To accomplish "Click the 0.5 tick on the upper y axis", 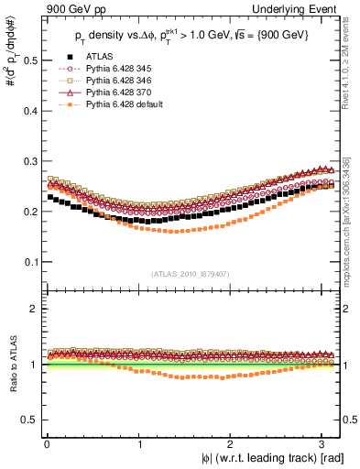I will (30, 60).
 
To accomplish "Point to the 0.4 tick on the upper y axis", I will (30, 111).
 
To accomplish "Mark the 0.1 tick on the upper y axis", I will (30, 262).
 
